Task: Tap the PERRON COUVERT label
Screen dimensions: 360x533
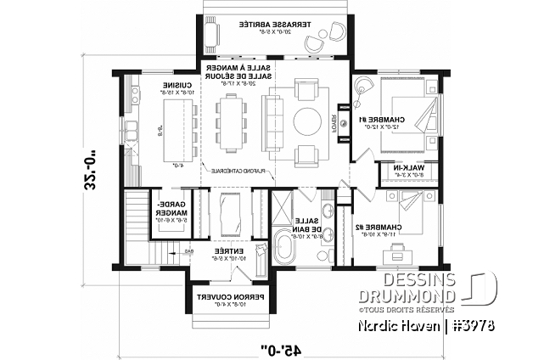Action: pos(223,299)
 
